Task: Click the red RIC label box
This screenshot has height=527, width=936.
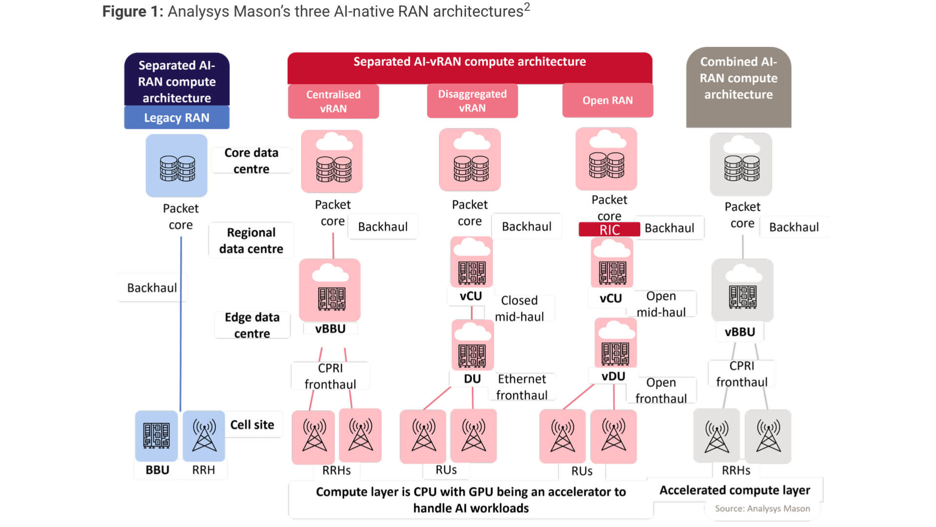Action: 609,229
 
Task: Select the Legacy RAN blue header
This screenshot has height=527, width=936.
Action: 176,118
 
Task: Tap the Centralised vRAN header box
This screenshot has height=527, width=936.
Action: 333,101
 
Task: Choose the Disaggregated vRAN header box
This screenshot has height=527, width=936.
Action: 472,101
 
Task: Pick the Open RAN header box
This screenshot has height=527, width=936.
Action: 607,100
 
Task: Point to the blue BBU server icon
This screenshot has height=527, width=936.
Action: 156,436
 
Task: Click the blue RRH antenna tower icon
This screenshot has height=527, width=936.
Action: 204,436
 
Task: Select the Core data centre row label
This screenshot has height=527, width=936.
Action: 251,161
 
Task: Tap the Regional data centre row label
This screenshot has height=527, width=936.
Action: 251,241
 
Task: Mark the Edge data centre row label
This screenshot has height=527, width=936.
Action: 252,325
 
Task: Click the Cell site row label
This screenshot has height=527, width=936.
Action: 252,425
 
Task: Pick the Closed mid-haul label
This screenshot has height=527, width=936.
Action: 519,308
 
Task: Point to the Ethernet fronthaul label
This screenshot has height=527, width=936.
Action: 522,387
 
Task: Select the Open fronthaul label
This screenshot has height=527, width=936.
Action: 661,390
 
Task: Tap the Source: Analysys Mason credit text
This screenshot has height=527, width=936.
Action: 762,508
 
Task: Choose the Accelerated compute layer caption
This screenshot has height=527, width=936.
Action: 735,490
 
